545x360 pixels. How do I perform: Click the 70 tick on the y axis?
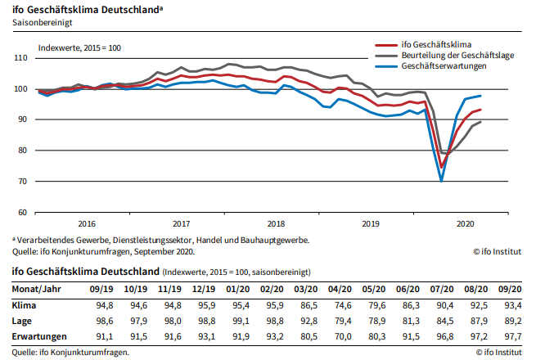tap(23, 181)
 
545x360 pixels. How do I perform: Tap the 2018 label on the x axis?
tap(276, 223)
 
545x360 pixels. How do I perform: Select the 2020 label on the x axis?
tap(464, 223)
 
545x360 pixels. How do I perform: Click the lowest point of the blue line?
tap(441, 180)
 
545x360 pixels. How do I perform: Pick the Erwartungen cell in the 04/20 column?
tap(340, 336)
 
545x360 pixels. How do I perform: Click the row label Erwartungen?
tap(38, 336)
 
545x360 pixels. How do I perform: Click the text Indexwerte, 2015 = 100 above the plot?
tap(79, 48)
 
